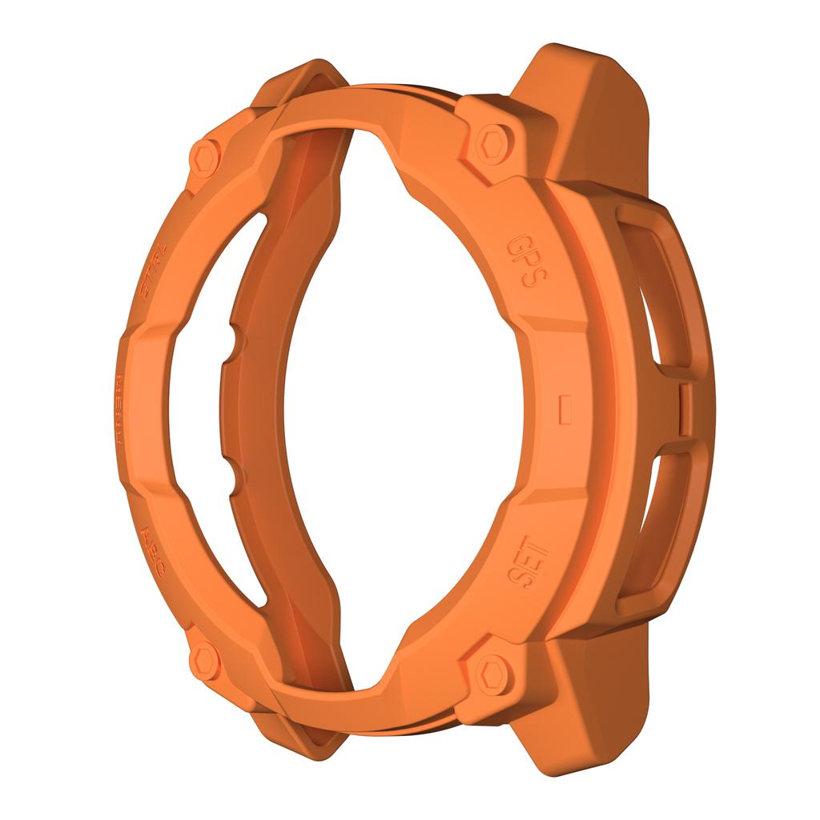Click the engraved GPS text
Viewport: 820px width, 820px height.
pyautogui.click(x=527, y=261)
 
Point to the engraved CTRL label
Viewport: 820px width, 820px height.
pyautogui.click(x=152, y=274)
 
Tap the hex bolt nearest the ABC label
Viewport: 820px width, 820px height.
pyautogui.click(x=204, y=660)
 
